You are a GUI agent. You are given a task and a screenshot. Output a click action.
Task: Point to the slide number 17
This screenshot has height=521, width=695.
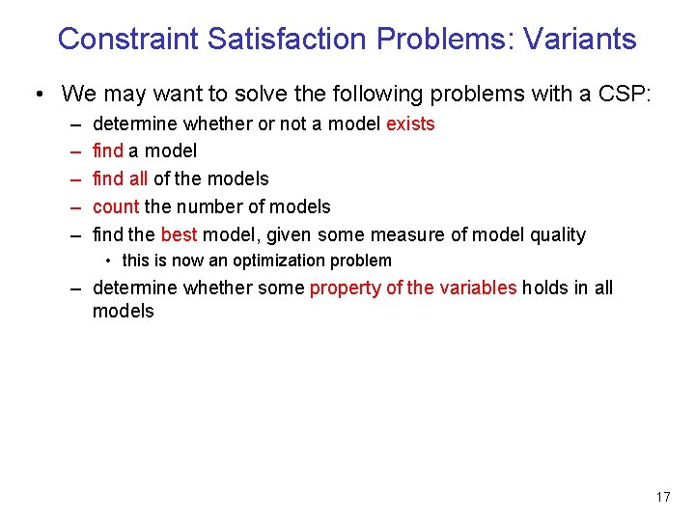[662, 497]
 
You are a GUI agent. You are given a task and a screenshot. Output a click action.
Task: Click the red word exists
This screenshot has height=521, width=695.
[410, 123]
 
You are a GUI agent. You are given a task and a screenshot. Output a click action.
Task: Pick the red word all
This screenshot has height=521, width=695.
[138, 178]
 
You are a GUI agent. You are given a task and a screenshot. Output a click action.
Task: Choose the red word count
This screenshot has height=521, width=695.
[116, 206]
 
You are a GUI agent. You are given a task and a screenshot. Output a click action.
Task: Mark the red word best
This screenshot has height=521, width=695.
[179, 234]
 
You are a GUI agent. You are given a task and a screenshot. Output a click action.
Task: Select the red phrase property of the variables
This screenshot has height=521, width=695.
[413, 288]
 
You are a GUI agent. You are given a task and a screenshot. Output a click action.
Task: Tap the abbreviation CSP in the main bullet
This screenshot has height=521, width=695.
[625, 94]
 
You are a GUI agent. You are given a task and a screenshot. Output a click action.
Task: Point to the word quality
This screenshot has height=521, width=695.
[553, 234]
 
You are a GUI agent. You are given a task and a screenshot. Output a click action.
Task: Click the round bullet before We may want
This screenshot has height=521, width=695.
[37, 95]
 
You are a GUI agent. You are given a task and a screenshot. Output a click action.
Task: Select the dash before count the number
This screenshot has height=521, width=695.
[75, 206]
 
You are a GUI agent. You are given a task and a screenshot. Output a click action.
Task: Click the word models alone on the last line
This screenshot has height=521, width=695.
[123, 311]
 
